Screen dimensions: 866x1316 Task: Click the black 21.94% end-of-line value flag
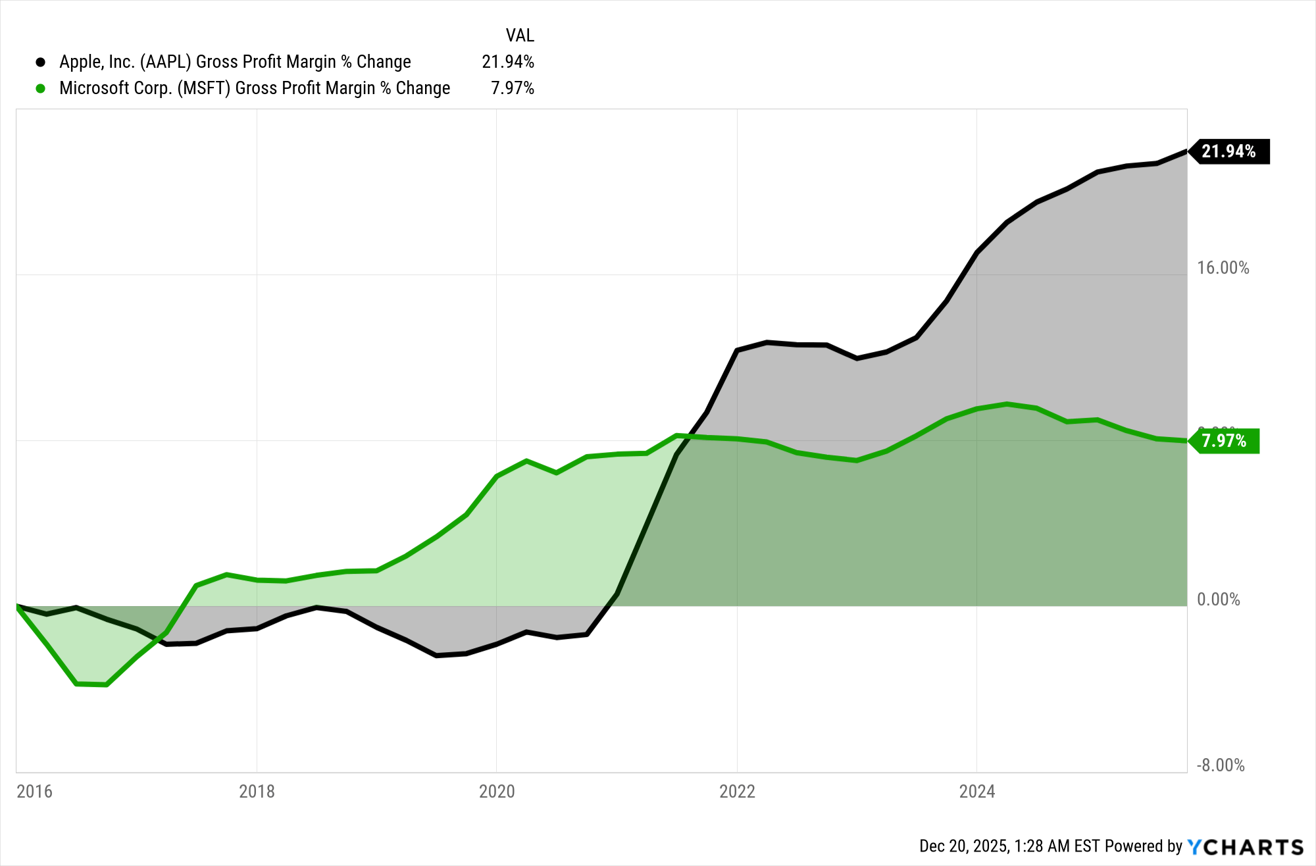[1228, 151]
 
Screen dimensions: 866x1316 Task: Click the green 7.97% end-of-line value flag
[1224, 441]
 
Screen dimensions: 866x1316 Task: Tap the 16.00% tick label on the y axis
[1223, 268]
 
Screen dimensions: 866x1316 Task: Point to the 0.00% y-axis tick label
[1218, 599]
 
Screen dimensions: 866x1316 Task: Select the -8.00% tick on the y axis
[1220, 765]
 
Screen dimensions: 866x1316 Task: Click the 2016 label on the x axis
[34, 791]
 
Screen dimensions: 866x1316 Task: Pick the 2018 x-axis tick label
[257, 791]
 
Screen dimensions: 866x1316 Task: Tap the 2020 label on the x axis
[497, 791]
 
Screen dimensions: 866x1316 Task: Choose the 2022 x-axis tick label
[737, 791]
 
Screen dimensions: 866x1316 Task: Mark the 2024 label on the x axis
[976, 791]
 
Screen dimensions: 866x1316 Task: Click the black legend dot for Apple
[41, 62]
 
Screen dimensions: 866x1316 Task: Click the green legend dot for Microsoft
[41, 88]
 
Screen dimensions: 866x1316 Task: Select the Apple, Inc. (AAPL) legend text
[235, 62]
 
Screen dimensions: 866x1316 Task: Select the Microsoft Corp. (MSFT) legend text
[255, 88]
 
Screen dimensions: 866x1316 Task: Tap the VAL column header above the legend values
[519, 35]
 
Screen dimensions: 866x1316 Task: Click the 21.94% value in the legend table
[507, 62]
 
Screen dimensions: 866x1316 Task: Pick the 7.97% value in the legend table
[512, 88]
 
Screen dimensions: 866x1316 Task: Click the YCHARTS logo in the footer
[1245, 846]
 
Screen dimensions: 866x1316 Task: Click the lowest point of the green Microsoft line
[106, 685]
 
